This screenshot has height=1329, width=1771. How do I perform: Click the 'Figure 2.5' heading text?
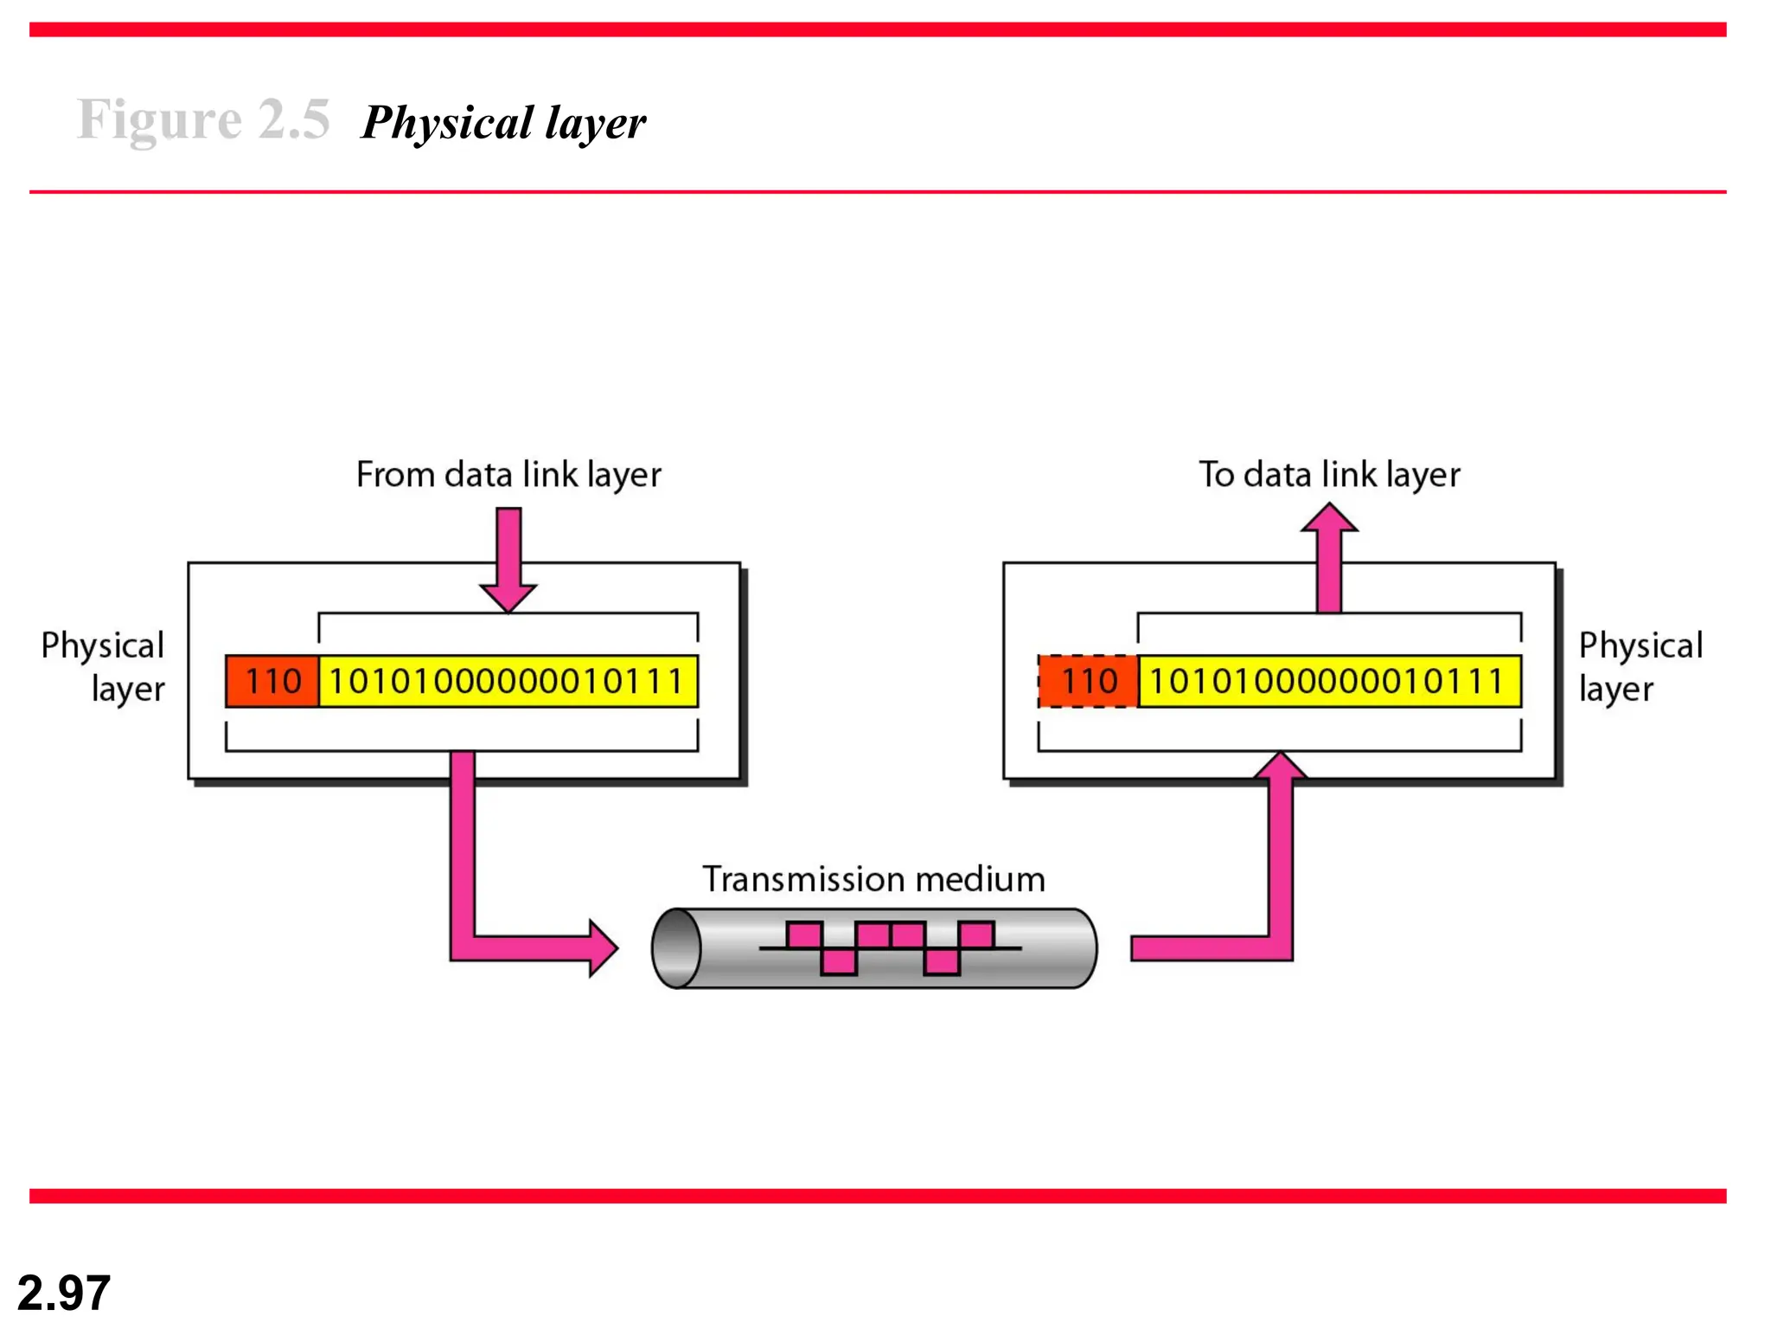[203, 119]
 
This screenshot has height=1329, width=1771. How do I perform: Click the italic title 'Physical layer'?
[502, 122]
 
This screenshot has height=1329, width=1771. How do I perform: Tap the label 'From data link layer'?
[508, 474]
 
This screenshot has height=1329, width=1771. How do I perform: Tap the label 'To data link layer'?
[1328, 474]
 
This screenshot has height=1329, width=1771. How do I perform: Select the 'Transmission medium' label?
[873, 879]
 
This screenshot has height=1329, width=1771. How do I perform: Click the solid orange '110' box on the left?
[272, 682]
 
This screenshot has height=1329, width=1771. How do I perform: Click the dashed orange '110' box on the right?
[1089, 682]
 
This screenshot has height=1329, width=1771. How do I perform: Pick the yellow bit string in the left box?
[508, 682]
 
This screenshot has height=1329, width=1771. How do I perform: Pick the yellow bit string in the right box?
[1328, 682]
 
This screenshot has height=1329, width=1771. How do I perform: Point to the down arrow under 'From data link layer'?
[508, 562]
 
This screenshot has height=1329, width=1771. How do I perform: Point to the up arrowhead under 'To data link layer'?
[1329, 519]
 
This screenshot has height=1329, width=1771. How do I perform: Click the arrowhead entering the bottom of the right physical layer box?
[1281, 767]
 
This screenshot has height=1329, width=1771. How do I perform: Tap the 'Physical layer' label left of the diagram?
[104, 666]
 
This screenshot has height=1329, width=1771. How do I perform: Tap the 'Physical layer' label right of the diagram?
[1640, 666]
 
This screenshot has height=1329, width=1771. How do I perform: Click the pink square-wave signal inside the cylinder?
[890, 947]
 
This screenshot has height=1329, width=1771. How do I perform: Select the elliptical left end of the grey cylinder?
[677, 948]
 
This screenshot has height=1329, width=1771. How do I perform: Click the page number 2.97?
[64, 1293]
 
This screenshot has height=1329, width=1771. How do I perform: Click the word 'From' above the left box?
[394, 474]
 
